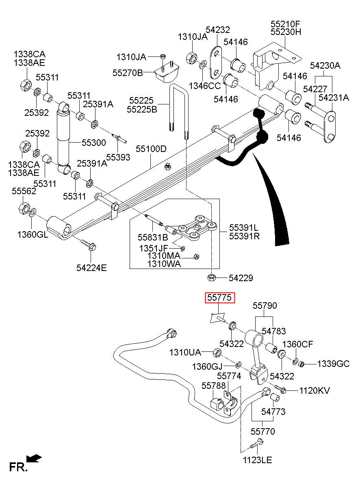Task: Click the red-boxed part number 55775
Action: click(220, 298)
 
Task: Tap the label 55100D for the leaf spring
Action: click(151, 149)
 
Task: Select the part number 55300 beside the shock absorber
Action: click(94, 143)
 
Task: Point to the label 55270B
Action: click(128, 73)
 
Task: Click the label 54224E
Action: click(91, 268)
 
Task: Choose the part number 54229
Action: click(241, 278)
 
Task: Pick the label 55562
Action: click(24, 191)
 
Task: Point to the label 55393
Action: click(118, 157)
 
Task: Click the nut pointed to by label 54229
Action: click(212, 277)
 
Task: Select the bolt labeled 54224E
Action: click(88, 245)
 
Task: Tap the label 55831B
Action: click(153, 237)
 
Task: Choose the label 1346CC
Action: click(205, 86)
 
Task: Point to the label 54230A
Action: click(325, 65)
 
